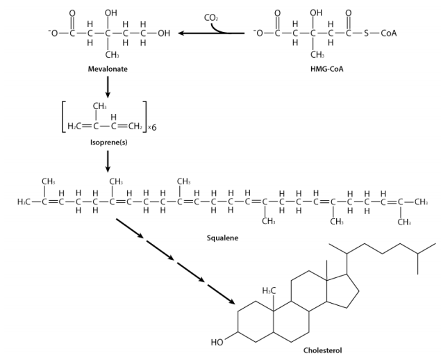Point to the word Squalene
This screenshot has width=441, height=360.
tap(223, 238)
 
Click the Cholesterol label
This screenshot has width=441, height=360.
tap(322, 351)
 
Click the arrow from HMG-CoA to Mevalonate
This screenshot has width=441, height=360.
tap(208, 33)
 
